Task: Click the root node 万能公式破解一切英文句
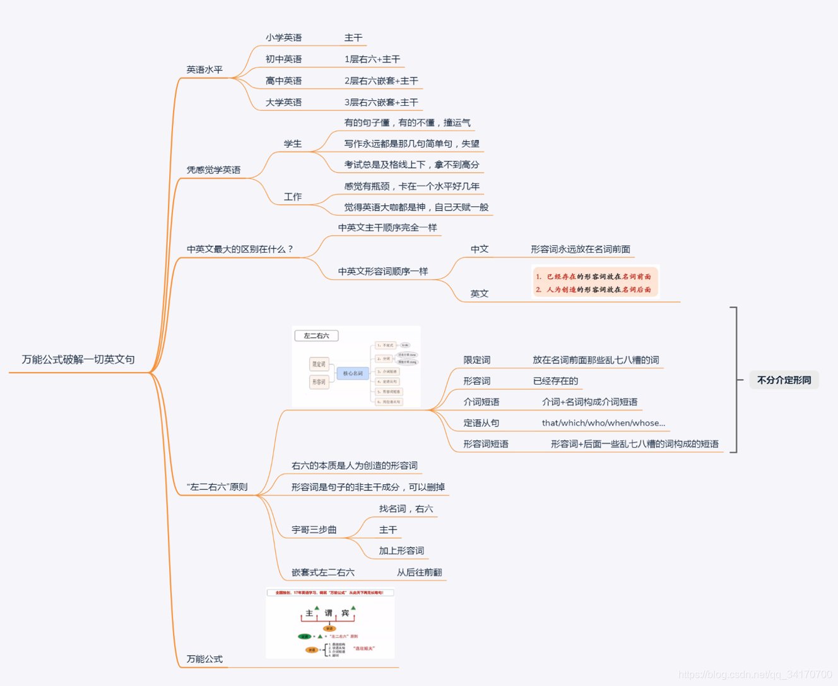pyautogui.click(x=78, y=359)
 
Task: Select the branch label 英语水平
pyautogui.click(x=204, y=69)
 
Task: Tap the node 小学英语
pyautogui.click(x=283, y=38)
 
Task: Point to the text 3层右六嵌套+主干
pyautogui.click(x=381, y=102)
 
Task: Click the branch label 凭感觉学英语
pyautogui.click(x=213, y=170)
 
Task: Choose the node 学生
pyautogui.click(x=293, y=144)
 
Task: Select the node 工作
pyautogui.click(x=293, y=197)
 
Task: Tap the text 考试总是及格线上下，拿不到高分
pyautogui.click(x=411, y=165)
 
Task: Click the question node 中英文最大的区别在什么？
pyautogui.click(x=240, y=249)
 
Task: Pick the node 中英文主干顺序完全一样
pyautogui.click(x=387, y=228)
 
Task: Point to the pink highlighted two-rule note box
pyautogui.click(x=594, y=282)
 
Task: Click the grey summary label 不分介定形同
pyautogui.click(x=784, y=380)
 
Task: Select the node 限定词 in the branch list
pyautogui.click(x=477, y=360)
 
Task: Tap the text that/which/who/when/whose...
pyautogui.click(x=603, y=423)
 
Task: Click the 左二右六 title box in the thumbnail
pyautogui.click(x=316, y=335)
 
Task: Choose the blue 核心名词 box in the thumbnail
pyautogui.click(x=353, y=373)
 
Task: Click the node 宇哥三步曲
pyautogui.click(x=314, y=530)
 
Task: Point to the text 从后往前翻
pyautogui.click(x=419, y=573)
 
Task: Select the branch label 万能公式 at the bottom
pyautogui.click(x=204, y=659)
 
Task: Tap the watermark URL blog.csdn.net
pyautogui.click(x=755, y=675)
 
